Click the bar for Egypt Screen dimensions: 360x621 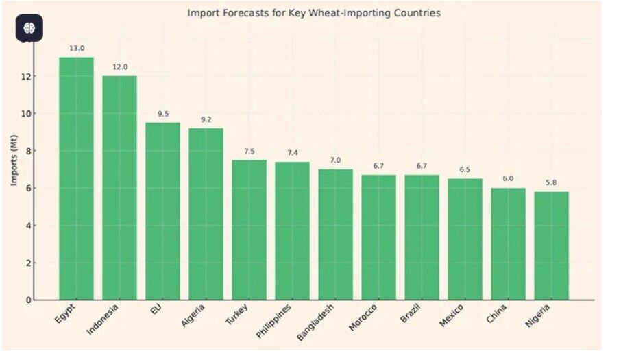(x=76, y=178)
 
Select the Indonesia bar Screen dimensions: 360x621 (x=119, y=188)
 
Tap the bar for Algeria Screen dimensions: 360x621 (x=206, y=214)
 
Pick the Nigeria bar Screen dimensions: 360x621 (x=551, y=245)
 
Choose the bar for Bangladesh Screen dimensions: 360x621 (x=335, y=235)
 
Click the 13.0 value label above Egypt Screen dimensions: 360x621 (x=77, y=49)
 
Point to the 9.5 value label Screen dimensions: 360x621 (x=163, y=114)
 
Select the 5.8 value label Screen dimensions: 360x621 (x=551, y=182)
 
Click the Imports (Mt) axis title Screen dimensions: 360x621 (x=14, y=160)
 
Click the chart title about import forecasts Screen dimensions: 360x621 (x=314, y=13)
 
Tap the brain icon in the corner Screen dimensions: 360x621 (x=29, y=28)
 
